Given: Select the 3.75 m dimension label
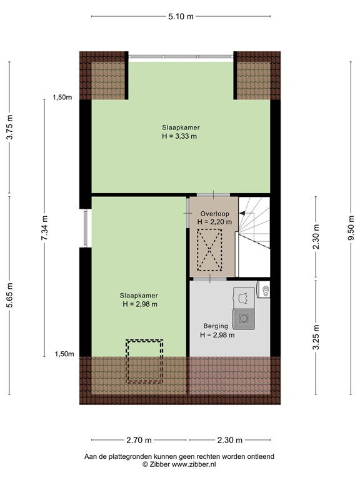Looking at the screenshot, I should (10, 128).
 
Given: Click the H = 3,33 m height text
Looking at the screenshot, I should (180, 137).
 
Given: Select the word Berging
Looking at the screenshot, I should (216, 326).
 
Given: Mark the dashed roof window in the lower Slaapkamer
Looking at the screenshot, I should (144, 362).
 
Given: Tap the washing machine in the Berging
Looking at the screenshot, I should (243, 318).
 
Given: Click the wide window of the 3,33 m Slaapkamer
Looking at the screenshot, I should (181, 56).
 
